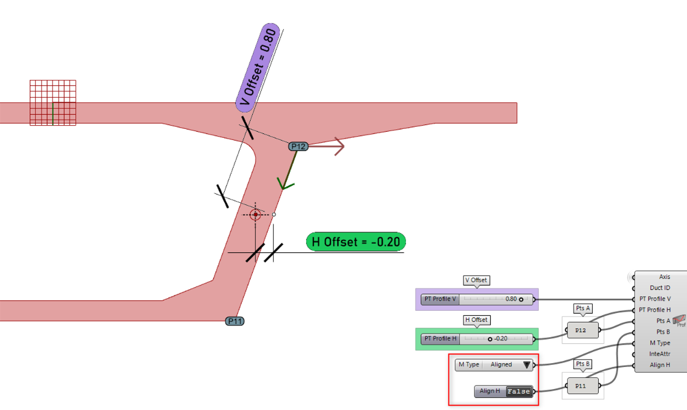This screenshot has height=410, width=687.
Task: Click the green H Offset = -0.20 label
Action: pyautogui.click(x=356, y=242)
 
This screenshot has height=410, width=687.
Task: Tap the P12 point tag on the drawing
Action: pyautogui.click(x=298, y=146)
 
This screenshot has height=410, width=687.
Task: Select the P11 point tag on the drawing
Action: pyautogui.click(x=235, y=321)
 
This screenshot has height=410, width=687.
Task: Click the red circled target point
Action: pyautogui.click(x=255, y=214)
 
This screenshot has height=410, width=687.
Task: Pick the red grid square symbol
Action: pyautogui.click(x=53, y=103)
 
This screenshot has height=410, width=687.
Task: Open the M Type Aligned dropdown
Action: pyautogui.click(x=494, y=365)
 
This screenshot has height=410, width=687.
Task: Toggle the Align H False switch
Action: pyautogui.click(x=519, y=391)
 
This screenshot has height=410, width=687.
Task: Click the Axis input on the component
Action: pyautogui.click(x=664, y=277)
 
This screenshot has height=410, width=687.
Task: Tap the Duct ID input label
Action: pyautogui.click(x=660, y=288)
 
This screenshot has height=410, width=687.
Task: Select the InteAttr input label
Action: pyautogui.click(x=659, y=354)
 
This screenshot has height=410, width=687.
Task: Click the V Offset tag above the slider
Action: pyautogui.click(x=477, y=280)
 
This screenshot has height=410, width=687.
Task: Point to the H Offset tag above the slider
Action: pyautogui.click(x=477, y=320)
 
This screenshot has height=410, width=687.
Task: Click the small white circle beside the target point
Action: pyautogui.click(x=274, y=214)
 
